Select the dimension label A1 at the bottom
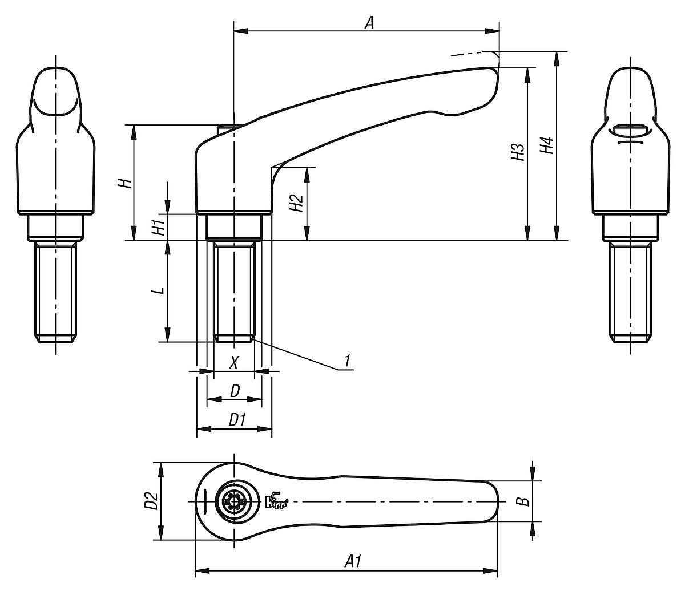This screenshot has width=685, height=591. click(x=353, y=561)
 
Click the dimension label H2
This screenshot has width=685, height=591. click(x=296, y=203)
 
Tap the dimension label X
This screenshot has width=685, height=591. click(x=233, y=362)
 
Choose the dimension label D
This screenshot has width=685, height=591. click(x=234, y=391)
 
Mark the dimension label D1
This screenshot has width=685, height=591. click(x=236, y=420)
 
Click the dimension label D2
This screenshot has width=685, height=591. click(x=151, y=501)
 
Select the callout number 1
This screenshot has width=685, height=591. click(x=346, y=361)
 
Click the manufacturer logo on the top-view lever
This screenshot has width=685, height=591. click(x=277, y=501)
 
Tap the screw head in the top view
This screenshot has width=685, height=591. click(x=233, y=501)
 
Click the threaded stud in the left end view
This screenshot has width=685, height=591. click(x=55, y=292)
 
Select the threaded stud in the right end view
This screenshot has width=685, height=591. click(x=631, y=292)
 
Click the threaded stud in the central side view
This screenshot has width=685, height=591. click(x=233, y=291)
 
